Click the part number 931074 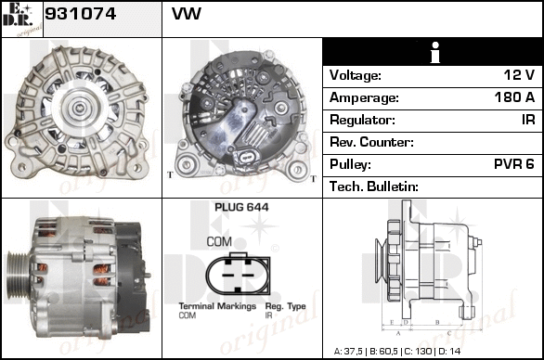point(80,14)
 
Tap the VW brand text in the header point(187,14)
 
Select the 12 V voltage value point(519,75)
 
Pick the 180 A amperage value point(514,97)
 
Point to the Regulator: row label point(362,120)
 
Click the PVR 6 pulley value point(514,164)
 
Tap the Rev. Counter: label point(371,142)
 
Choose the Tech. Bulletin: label point(374,186)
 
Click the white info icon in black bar point(435,52)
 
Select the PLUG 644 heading point(241,208)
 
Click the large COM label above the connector point(219,242)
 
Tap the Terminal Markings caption point(217,306)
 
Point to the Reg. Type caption point(286,306)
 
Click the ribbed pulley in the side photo point(19,276)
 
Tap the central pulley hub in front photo point(77,108)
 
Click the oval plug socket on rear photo point(247,157)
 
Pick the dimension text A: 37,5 point(348,352)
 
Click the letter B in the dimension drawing point(437,323)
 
